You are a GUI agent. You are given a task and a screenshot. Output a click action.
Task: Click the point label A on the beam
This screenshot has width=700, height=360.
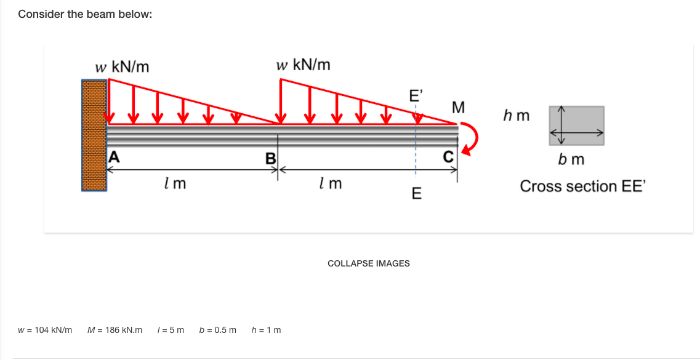coord(113,156)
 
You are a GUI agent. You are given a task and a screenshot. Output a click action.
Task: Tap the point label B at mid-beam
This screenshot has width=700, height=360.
coord(270,158)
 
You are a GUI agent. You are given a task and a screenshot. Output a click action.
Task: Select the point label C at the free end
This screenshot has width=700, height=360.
coord(448,156)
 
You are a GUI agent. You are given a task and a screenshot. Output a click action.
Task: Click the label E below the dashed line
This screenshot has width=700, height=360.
coord(416,194)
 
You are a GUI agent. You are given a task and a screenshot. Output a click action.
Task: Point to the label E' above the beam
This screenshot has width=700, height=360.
coord(416,95)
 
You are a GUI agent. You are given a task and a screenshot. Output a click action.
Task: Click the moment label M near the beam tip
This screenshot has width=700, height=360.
coord(457,108)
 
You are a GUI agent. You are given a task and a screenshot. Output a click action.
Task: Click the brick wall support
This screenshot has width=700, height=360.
coord(94,135)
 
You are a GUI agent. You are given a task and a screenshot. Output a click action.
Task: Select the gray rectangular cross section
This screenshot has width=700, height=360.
coord(577,125)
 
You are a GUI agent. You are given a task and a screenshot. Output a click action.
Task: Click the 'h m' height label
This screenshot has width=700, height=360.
coord(516,115)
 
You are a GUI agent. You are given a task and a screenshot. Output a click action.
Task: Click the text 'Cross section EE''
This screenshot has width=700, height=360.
coord(582,186)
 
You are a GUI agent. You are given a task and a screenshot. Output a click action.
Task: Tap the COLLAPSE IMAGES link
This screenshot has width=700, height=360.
coord(369,263)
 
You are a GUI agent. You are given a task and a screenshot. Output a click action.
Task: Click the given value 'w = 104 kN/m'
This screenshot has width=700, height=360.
coord(45,330)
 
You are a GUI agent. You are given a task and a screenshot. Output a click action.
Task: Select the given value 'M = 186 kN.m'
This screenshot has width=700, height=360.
coord(115,330)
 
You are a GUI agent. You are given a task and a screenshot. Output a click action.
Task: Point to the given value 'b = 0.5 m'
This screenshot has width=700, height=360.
coord(218,330)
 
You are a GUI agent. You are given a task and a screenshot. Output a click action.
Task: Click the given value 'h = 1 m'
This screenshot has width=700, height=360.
coord(267,330)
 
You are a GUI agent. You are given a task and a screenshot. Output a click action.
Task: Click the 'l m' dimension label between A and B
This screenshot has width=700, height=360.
coord(175,183)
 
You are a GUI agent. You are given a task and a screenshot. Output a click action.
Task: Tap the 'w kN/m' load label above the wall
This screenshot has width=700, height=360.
coord(122,66)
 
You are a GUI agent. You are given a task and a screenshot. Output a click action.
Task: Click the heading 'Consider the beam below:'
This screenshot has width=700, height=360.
coord(85,14)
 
